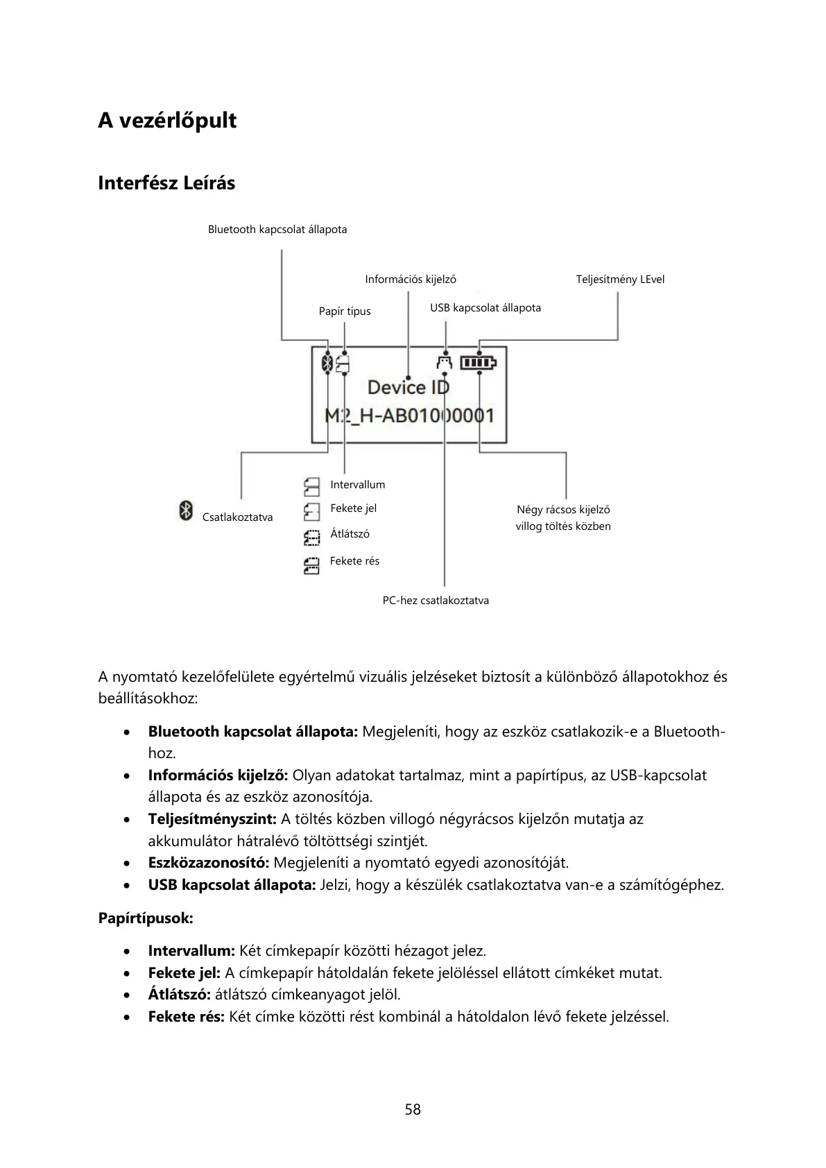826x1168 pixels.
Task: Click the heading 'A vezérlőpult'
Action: [167, 121]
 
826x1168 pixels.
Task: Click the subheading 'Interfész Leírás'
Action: [166, 184]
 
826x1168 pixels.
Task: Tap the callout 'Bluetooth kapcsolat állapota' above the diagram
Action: [277, 230]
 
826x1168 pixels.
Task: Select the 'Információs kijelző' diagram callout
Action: [411, 280]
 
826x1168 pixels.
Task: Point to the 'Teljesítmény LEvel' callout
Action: [620, 280]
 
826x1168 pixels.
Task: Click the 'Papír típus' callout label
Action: [345, 311]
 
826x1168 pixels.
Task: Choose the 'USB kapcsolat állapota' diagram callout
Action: [485, 308]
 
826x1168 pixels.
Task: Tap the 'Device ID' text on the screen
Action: [408, 387]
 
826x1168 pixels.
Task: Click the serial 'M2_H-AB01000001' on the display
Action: [410, 416]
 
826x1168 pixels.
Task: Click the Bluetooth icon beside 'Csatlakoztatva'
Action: [185, 510]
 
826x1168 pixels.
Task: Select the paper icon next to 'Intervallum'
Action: [311, 486]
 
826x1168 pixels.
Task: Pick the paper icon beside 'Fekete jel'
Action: [311, 512]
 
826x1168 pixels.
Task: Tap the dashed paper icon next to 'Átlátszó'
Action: [311, 538]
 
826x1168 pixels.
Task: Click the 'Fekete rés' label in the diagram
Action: [354, 561]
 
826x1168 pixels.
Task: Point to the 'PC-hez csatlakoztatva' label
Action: [436, 601]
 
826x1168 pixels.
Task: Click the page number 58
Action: [413, 1110]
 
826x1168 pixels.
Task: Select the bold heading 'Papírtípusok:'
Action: [146, 918]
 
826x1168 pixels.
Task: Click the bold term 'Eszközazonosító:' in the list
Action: [209, 863]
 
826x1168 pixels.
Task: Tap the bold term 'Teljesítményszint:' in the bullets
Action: [212, 819]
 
